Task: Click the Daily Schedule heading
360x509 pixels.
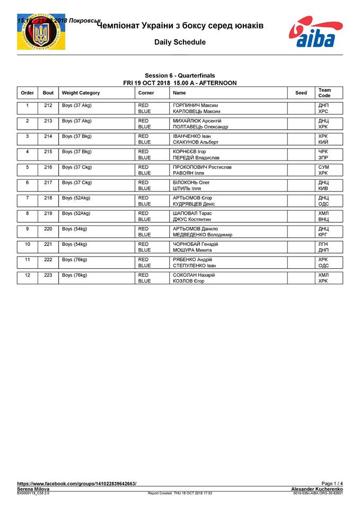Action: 180,42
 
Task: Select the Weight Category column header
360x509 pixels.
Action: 81,93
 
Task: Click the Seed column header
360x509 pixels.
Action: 301,93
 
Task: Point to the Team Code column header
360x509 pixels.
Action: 324,93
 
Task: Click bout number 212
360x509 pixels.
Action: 48,106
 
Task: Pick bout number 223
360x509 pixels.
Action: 48,275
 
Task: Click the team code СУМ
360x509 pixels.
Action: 323,167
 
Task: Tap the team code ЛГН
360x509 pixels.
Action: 323,244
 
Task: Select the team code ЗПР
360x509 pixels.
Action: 323,157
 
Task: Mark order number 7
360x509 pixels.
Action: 27,198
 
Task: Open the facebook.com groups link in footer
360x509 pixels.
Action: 76,484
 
